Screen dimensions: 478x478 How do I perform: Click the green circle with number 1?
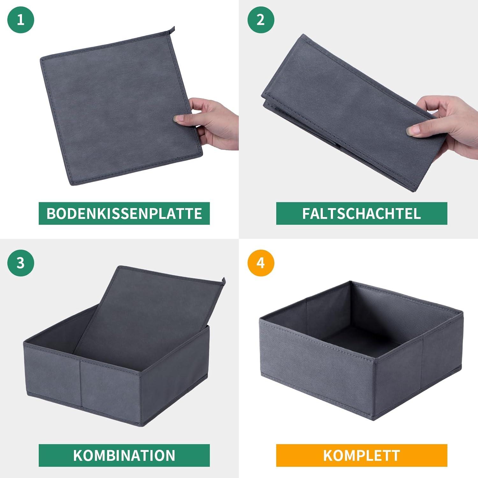coord(21,20)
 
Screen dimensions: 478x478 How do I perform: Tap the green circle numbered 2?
coord(261,20)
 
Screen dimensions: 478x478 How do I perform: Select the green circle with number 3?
coord(21,263)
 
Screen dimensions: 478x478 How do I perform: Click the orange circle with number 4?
coord(261,263)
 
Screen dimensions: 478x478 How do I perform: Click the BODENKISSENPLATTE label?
coord(124,213)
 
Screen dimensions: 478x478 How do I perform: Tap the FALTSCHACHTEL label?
coord(362,213)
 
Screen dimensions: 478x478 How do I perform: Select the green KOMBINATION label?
coord(124,455)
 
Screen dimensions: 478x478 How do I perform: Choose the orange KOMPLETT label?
coord(362,455)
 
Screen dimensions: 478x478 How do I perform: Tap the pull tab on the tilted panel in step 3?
coord(223,281)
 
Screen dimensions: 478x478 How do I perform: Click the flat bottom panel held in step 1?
coord(121,108)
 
